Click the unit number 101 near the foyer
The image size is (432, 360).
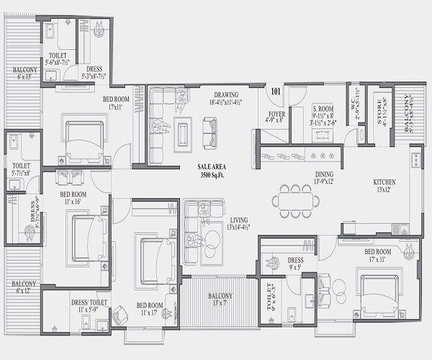point(275,91)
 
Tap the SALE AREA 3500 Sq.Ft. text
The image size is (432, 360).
point(212,170)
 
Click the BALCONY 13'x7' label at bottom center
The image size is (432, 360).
point(220,299)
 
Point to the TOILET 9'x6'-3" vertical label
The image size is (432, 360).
point(271,298)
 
